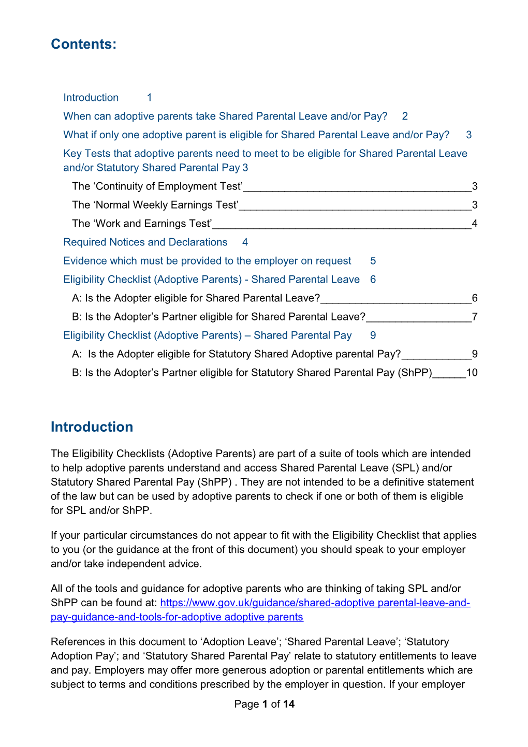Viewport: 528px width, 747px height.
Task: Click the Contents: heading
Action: click(83, 45)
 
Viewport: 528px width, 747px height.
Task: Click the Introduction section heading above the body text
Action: click(92, 427)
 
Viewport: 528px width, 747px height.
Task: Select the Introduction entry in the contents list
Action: click(91, 98)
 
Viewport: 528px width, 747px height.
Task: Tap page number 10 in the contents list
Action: click(472, 373)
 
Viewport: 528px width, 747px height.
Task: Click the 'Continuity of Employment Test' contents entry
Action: click(157, 186)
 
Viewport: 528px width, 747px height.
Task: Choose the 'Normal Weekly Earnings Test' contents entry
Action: click(155, 205)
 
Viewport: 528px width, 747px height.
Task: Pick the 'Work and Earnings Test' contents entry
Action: click(142, 224)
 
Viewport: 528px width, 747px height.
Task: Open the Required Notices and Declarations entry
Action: click(145, 242)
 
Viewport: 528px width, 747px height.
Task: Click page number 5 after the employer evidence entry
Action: click(373, 261)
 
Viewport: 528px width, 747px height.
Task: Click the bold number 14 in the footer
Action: click(289, 704)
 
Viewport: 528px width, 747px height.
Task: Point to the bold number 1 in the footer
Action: click(265, 704)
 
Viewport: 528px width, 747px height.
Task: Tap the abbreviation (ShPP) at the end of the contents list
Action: click(415, 373)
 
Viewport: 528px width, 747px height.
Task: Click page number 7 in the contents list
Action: click(475, 317)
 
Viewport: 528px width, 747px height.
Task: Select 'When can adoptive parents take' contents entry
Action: click(225, 116)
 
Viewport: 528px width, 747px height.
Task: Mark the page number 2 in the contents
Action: click(405, 116)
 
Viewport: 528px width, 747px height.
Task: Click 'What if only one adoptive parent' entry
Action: click(256, 135)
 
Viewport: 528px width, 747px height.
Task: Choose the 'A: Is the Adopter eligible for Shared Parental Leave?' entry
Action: click(196, 298)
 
